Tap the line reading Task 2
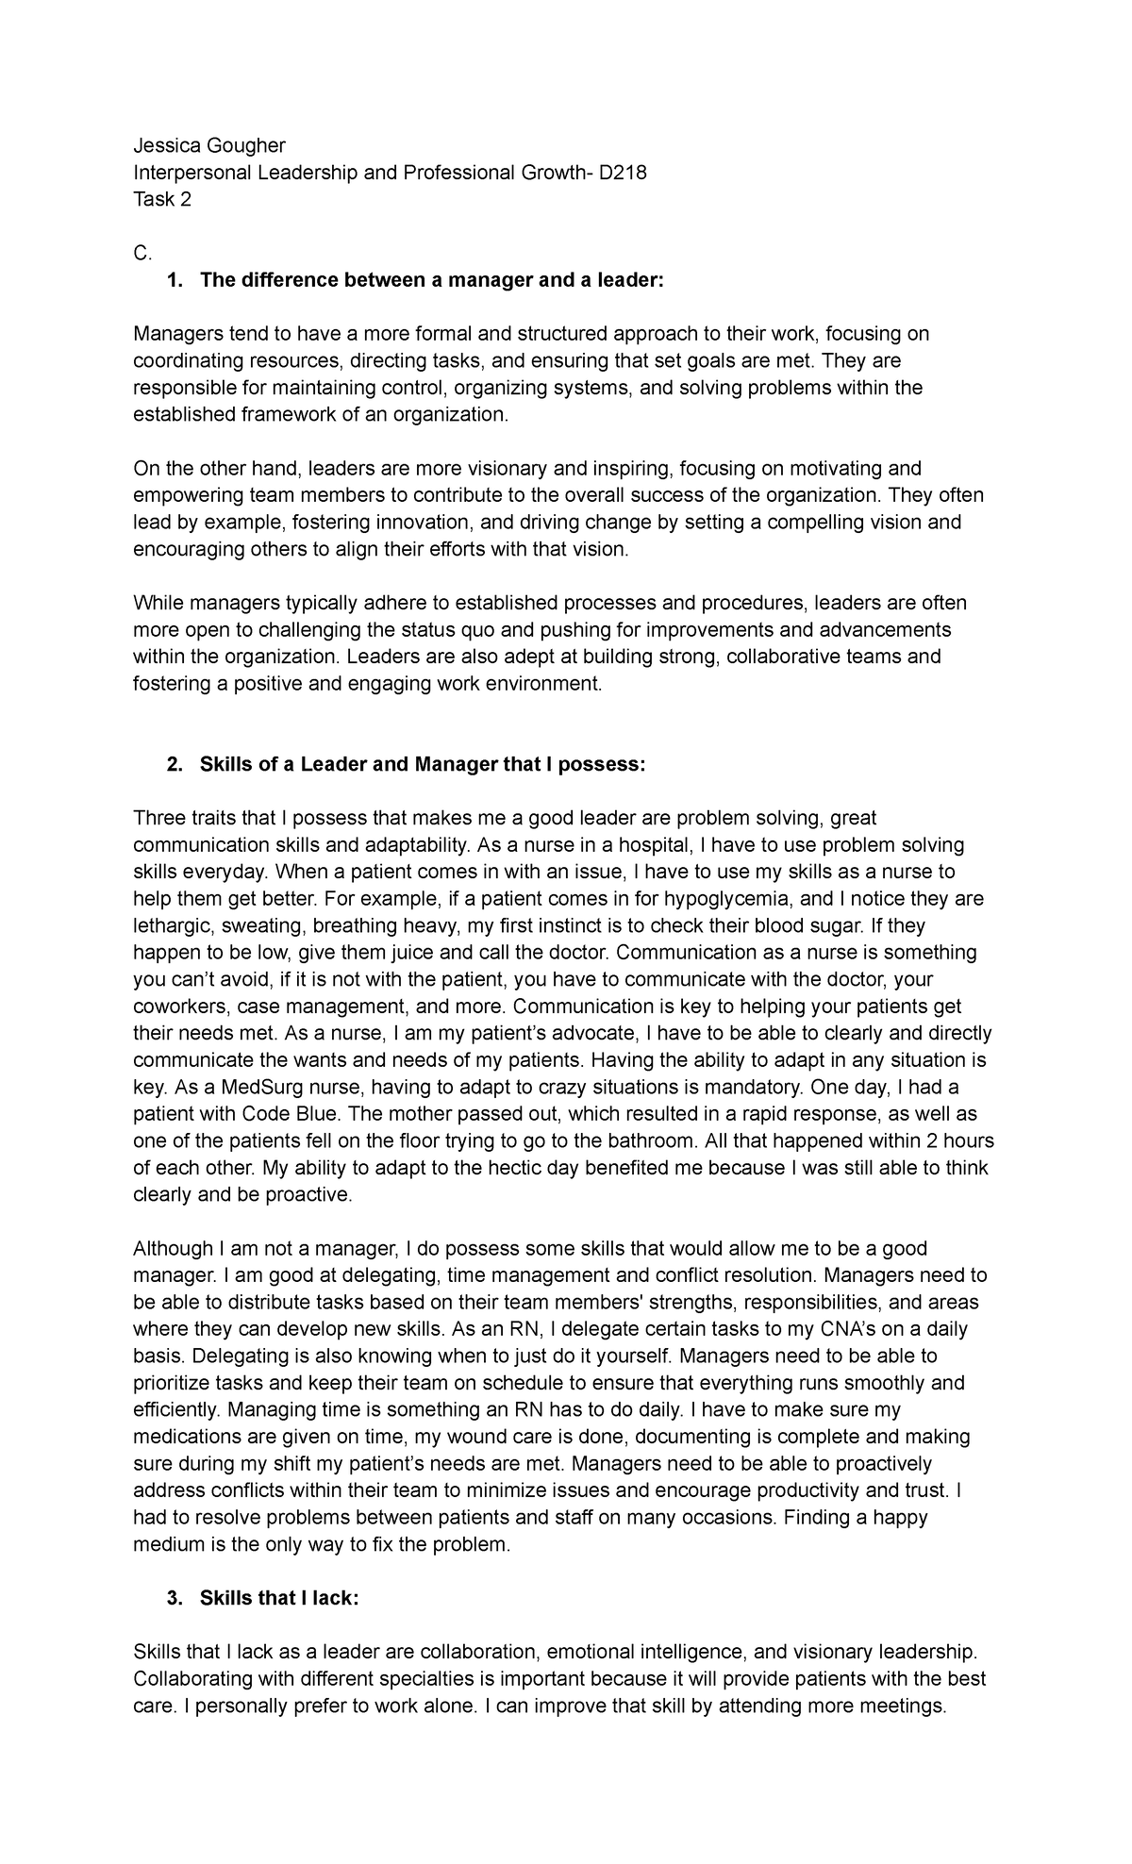tap(162, 200)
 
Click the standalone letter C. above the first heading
tap(142, 253)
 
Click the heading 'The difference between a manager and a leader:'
tap(432, 280)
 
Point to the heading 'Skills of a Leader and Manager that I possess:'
tap(423, 765)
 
